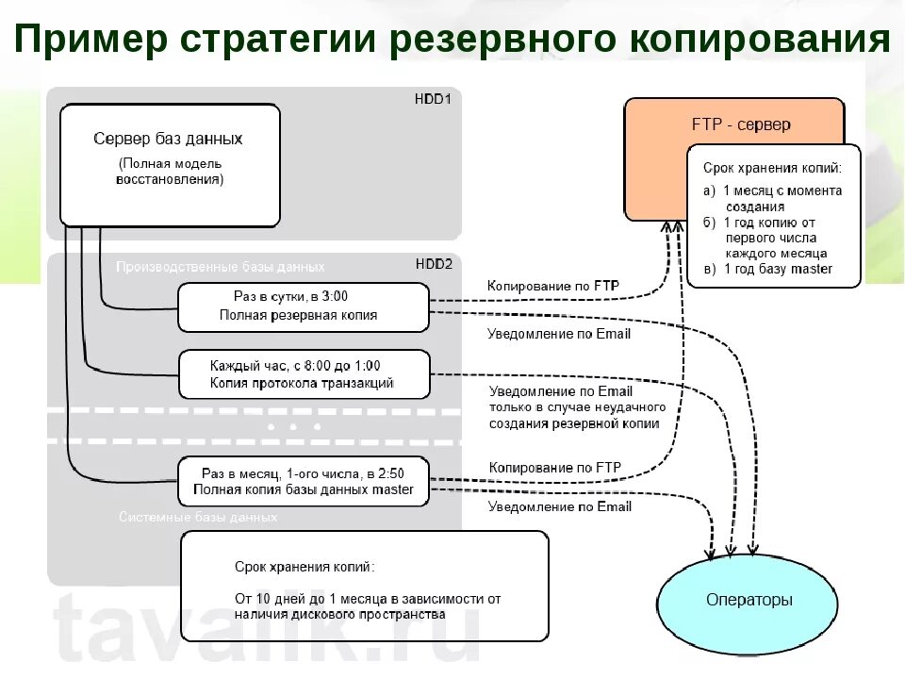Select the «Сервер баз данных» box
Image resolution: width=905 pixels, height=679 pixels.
tap(170, 165)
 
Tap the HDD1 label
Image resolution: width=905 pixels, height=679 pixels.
tap(433, 98)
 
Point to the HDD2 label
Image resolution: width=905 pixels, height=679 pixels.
tap(434, 265)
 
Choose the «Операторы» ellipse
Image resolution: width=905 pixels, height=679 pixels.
tap(749, 600)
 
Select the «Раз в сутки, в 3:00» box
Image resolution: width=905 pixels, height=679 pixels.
tap(303, 306)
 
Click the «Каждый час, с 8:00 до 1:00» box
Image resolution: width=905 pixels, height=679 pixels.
tap(303, 374)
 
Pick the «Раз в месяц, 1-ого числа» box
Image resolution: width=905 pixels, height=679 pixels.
tap(303, 481)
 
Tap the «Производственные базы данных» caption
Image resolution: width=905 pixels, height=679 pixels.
tap(220, 267)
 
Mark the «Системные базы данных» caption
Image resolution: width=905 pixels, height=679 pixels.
tap(198, 518)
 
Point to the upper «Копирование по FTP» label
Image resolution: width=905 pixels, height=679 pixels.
tap(554, 285)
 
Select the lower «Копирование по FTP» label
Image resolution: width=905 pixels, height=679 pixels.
tap(554, 468)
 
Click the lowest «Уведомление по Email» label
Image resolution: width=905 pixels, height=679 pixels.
tap(559, 506)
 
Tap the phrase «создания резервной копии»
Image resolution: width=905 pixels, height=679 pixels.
tap(573, 423)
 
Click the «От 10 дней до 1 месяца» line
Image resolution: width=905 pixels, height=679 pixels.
tap(367, 598)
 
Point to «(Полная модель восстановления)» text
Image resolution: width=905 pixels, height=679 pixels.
tap(171, 171)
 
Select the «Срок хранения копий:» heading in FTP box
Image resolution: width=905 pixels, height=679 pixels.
tap(772, 168)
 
